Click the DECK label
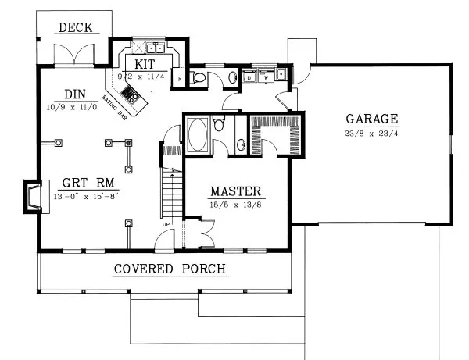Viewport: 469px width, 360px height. pos(75,28)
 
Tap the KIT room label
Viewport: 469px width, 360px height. pos(144,63)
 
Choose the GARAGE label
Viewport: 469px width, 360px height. pos(372,119)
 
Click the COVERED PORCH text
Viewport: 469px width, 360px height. pos(170,269)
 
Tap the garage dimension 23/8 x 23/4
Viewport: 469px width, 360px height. pos(372,133)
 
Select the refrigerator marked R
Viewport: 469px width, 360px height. pos(180,78)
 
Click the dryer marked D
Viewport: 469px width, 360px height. pos(249,77)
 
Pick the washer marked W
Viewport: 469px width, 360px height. pos(266,77)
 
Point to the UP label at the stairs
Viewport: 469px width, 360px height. pos(165,224)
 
